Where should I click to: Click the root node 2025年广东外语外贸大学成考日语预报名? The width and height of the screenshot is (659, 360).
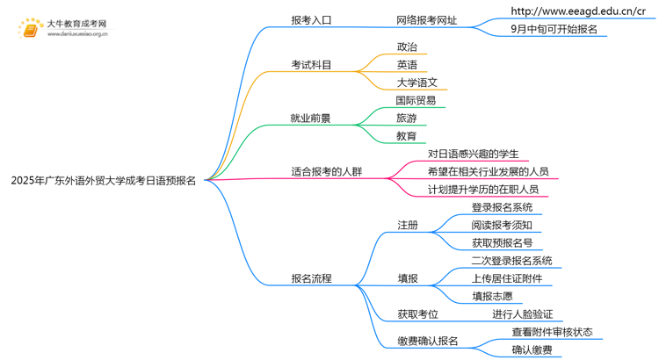tap(104, 180)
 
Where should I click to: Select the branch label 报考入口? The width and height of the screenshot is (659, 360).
tap(311, 19)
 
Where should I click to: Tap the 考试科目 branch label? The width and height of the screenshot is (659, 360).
tap(311, 64)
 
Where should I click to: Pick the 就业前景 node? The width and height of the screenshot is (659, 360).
tap(311, 118)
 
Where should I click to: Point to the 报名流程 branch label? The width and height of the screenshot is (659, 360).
tap(311, 278)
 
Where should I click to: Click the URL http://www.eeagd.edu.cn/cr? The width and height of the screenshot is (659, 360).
tap(577, 11)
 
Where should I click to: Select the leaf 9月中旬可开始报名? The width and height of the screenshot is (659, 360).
tap(554, 29)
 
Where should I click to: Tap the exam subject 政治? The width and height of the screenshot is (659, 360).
tap(407, 47)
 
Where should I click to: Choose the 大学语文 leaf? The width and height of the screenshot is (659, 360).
tap(416, 83)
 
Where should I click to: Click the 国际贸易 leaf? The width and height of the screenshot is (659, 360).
tap(416, 100)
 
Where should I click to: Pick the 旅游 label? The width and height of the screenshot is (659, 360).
tap(407, 118)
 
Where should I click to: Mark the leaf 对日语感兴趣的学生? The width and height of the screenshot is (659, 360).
tap(473, 154)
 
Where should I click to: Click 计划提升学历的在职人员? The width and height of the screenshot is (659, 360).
tap(482, 190)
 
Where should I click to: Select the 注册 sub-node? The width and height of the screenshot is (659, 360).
tap(407, 225)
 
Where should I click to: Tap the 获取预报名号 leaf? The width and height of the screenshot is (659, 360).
tap(502, 243)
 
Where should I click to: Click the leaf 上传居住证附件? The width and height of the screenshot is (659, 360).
tap(506, 278)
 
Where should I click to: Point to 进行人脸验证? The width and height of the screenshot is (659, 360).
tap(522, 313)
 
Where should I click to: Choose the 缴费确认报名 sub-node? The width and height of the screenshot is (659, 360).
tap(427, 341)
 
